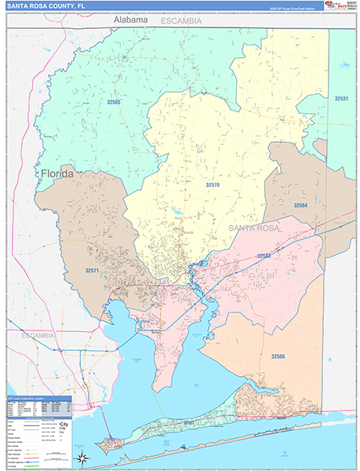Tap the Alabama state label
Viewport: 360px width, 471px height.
(x=130, y=18)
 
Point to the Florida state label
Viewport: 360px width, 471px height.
(x=53, y=173)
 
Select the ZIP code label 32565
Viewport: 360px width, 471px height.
(x=115, y=103)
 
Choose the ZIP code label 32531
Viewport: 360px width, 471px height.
(x=341, y=99)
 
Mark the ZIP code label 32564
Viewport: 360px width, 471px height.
(x=300, y=205)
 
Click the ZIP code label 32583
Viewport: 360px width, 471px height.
(x=264, y=256)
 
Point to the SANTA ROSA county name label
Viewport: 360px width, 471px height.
(x=253, y=228)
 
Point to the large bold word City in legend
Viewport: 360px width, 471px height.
(x=62, y=425)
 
